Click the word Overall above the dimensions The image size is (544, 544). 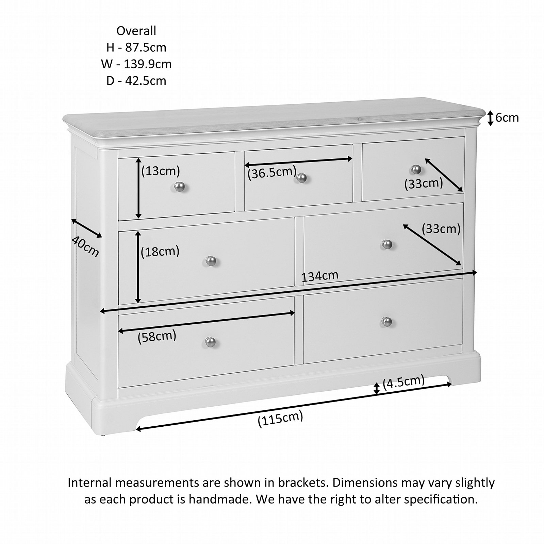(136, 31)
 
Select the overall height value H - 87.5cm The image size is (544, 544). (136, 48)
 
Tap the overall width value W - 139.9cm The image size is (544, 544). (136, 64)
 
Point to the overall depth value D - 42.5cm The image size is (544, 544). (136, 81)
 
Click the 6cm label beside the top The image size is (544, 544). (507, 118)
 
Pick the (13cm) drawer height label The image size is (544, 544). (161, 171)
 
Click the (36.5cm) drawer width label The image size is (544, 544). (272, 172)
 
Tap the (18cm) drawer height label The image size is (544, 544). (160, 252)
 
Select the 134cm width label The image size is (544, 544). (320, 276)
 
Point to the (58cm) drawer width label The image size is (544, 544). (157, 337)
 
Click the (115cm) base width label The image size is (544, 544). (280, 420)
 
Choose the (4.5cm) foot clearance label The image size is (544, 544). (403, 382)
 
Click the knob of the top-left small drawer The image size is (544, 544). (179, 186)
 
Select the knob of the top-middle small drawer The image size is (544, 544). (301, 177)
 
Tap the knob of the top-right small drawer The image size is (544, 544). (415, 169)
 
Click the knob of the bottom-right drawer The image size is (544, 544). (386, 321)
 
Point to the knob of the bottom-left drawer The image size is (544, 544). (211, 342)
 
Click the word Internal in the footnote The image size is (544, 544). (89, 482)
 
